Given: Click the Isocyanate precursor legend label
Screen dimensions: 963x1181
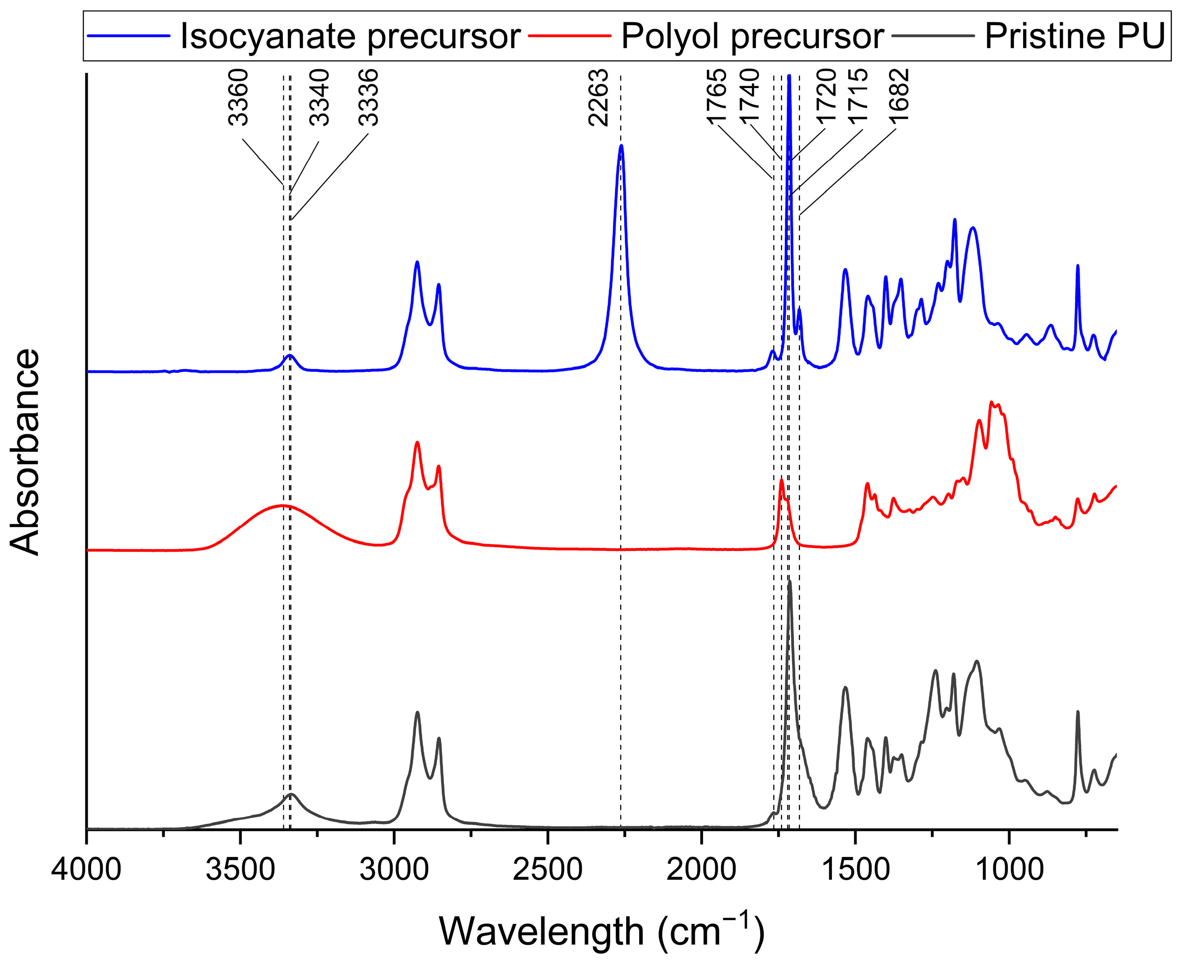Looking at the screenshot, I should pos(350,37).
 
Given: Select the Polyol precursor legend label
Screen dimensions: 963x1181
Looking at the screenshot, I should pos(752,37).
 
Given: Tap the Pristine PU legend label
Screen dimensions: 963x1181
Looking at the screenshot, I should pos(1074,37).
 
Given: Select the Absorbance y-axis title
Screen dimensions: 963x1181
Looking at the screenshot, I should pos(25,452).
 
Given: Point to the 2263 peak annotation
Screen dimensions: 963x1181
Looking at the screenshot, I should pos(598,98).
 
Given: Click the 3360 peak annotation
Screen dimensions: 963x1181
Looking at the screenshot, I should pos(239,98).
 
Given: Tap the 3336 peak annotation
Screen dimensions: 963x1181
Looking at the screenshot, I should pos(368,98).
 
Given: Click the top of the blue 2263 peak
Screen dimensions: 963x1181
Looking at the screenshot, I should pos(621,146).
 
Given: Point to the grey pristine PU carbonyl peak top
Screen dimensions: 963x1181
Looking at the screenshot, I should pos(789,582).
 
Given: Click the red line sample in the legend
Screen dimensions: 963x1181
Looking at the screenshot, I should pos(569,35).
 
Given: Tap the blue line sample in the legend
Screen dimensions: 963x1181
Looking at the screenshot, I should pos(129,35).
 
